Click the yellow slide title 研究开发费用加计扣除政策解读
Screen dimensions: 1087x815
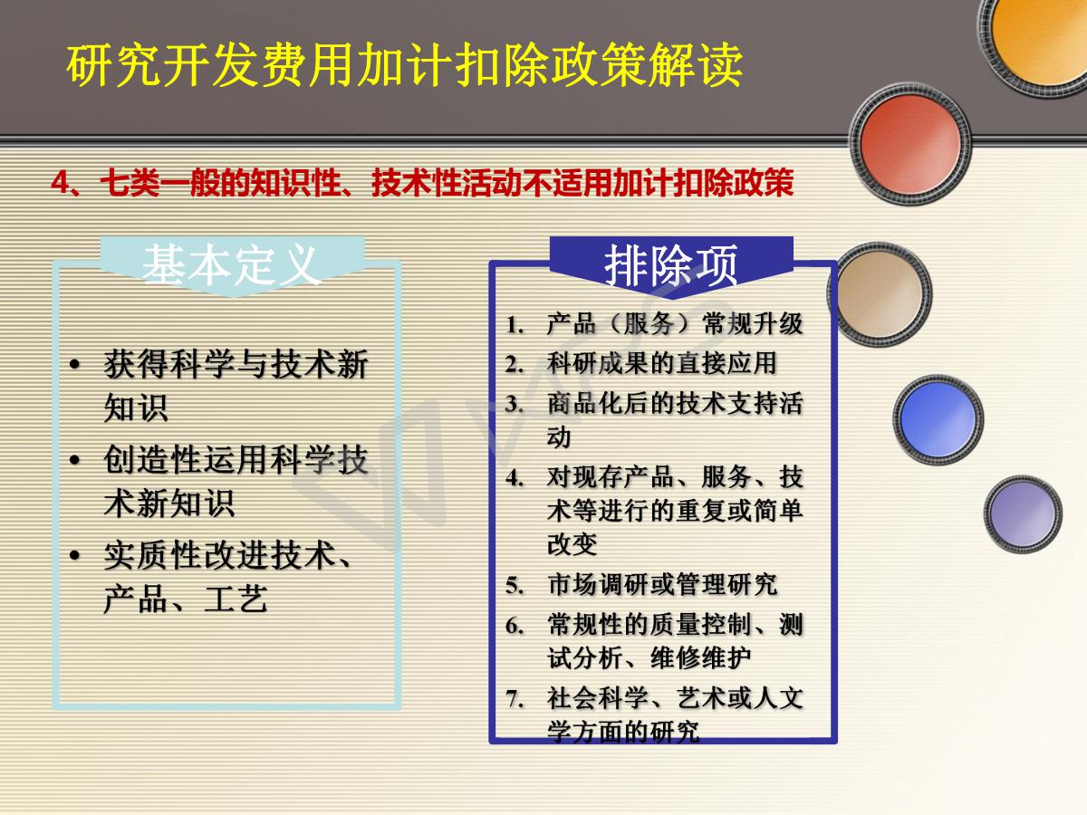pos(404,65)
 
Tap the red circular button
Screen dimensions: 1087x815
pos(910,144)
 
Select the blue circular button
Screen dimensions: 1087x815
pos(938,419)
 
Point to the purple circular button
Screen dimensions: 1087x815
pos(1023,513)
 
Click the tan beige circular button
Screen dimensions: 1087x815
pos(880,294)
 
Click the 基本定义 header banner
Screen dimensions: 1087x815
pos(233,266)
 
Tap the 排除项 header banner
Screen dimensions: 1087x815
pos(671,266)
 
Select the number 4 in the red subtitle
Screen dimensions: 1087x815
pos(61,183)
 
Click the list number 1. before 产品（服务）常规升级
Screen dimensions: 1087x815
pos(515,326)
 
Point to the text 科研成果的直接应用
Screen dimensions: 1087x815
pos(661,363)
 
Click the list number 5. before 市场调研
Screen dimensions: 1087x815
pos(515,586)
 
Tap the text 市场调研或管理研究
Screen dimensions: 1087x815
pos(662,584)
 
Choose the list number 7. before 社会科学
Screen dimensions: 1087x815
pos(515,699)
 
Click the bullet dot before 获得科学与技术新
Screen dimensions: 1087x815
pos(75,365)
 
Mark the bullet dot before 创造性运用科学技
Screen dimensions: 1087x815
pos(75,460)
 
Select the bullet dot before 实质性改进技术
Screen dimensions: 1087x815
pos(75,556)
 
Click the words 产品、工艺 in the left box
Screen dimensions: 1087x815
pos(186,599)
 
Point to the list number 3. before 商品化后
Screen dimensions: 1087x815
pos(515,405)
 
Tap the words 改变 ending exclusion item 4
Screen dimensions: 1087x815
pos(572,544)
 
